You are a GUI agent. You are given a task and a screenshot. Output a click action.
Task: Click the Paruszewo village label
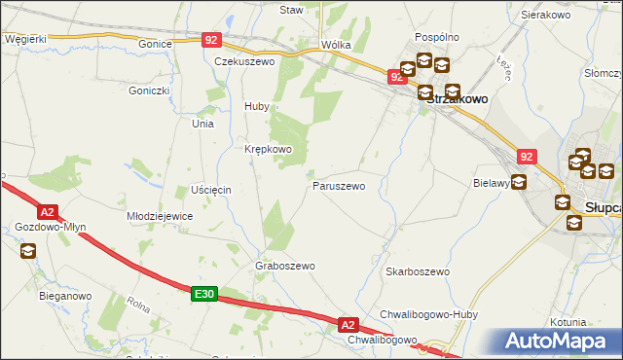[338, 185]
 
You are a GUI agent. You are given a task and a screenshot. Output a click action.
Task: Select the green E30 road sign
[202, 294]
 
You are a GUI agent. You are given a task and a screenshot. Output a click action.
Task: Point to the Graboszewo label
[284, 266]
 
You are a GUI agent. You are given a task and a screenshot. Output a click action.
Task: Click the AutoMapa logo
[559, 342]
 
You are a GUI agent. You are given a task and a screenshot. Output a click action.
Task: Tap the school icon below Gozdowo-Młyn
[27, 252]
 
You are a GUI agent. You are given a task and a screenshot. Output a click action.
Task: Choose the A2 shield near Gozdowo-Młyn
[47, 211]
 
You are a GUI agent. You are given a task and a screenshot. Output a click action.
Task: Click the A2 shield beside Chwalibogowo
[349, 324]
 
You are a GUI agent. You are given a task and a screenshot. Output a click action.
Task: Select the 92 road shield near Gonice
[212, 40]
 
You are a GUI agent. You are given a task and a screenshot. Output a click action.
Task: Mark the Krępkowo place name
[268, 149]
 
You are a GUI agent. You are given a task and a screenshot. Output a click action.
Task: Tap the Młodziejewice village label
[160, 216]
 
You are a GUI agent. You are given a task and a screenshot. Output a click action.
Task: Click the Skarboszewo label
[417, 271]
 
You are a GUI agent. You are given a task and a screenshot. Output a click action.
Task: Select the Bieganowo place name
[65, 295]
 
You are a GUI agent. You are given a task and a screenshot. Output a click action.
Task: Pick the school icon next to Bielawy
[519, 181]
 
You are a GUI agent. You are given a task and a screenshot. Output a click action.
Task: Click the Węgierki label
[25, 39]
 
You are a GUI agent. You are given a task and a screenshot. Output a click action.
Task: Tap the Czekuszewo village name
[245, 60]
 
